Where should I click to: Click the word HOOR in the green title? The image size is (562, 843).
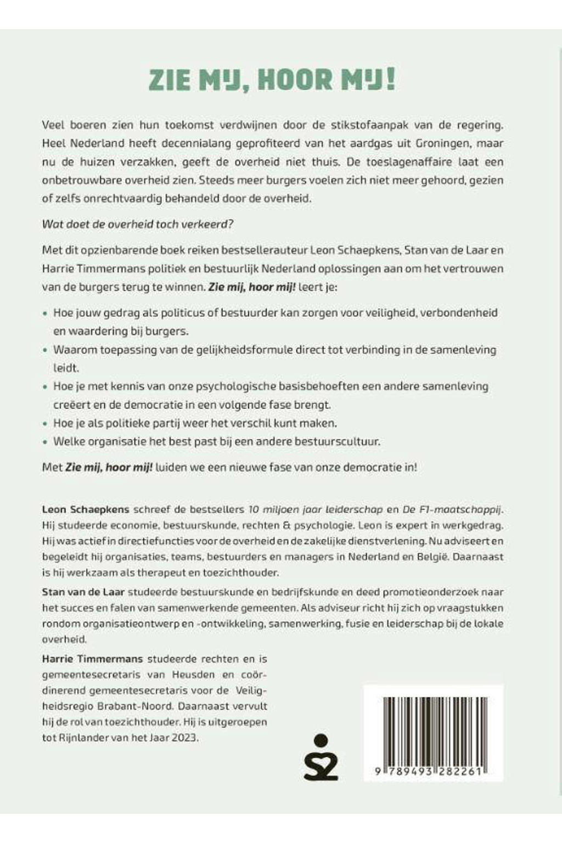(x=295, y=80)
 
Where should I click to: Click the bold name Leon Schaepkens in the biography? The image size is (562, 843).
(x=82, y=509)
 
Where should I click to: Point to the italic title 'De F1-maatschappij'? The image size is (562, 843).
(x=452, y=509)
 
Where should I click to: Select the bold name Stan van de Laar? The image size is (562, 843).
(x=83, y=592)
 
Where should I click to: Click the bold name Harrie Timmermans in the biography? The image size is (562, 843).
(x=92, y=659)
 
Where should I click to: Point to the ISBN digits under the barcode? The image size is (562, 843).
(x=433, y=771)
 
